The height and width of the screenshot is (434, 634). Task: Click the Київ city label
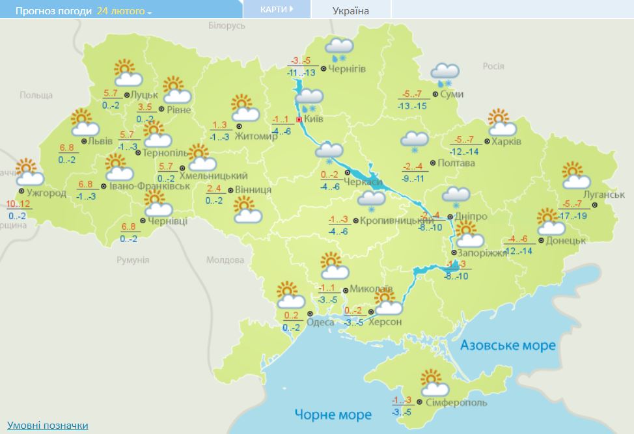pos(314,120)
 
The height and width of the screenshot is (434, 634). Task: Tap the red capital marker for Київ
pos(299,120)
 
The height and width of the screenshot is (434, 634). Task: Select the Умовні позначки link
pos(48,425)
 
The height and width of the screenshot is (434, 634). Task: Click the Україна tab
pos(350,10)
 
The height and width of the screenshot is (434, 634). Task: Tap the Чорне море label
pos(333,414)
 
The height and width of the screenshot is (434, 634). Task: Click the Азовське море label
pos(508,345)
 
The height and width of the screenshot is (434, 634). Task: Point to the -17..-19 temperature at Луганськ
pos(573,215)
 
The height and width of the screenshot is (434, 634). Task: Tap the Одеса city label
pos(320,323)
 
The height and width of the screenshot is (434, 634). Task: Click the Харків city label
pos(506,142)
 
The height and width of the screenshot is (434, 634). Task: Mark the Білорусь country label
pos(227,25)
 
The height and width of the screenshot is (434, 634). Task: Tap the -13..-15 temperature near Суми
pos(413,106)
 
